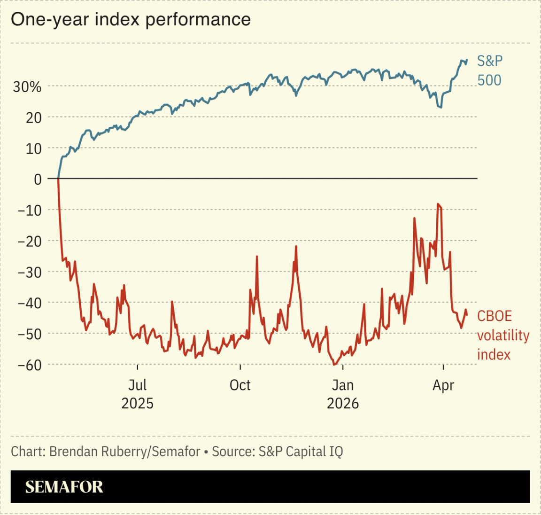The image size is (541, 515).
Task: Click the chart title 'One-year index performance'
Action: [x=131, y=20]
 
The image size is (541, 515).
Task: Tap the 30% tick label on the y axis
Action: [x=27, y=87]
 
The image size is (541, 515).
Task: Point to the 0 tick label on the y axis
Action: [x=38, y=179]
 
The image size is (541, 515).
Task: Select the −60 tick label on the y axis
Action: [x=29, y=365]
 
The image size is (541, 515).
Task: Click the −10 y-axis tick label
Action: [x=29, y=210]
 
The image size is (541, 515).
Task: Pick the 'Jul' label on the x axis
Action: [x=137, y=385]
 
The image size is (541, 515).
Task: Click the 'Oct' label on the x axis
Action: [x=240, y=385]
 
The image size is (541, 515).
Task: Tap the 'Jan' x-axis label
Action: [x=343, y=385]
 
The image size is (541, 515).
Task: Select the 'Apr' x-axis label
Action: [x=443, y=385]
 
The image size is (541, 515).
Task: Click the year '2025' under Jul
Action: [x=137, y=404]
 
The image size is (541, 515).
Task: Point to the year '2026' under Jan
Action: [x=343, y=404]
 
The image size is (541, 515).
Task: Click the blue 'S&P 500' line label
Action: [x=489, y=70]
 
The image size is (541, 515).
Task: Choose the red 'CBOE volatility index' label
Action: [x=502, y=335]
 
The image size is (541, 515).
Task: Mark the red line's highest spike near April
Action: [x=438, y=204]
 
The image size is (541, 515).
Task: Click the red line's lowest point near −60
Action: [x=334, y=364]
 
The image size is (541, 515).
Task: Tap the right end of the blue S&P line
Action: [x=467, y=60]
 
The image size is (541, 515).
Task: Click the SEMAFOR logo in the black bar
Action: [x=64, y=487]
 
